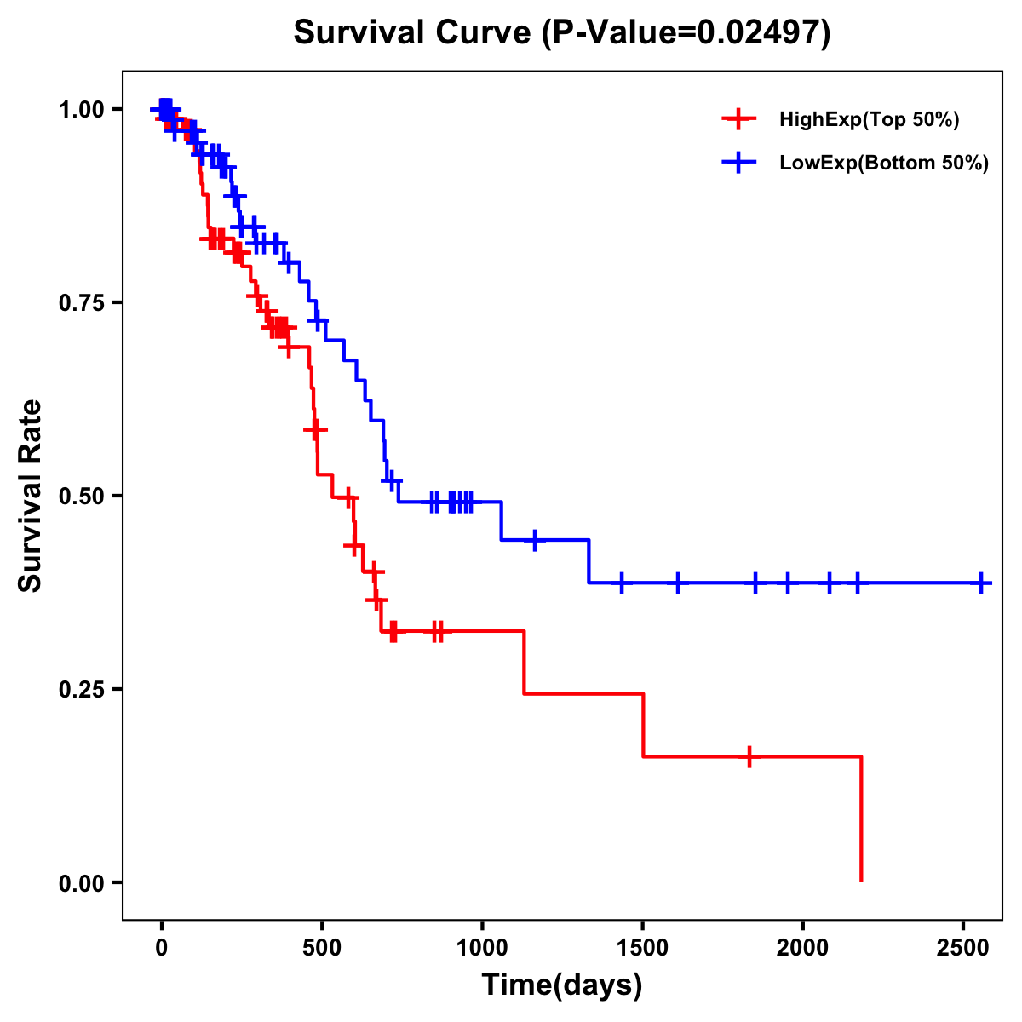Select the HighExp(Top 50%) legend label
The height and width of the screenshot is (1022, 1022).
pos(869,120)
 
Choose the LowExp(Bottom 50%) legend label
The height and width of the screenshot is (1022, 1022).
pos(884,164)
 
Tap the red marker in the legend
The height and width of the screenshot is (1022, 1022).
pos(738,119)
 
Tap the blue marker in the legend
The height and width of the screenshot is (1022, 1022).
pos(738,163)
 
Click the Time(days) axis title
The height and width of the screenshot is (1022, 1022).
pos(562,985)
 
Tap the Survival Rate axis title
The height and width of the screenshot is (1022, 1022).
pos(31,496)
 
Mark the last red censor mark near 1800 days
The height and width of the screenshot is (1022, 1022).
pos(749,756)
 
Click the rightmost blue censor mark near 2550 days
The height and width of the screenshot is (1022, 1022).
pos(981,583)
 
